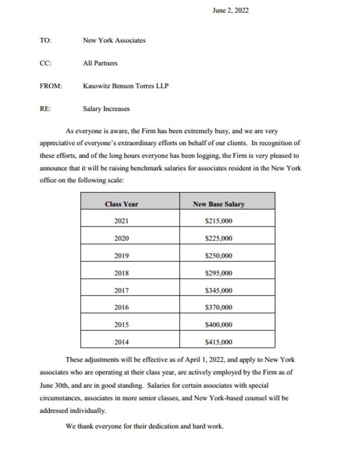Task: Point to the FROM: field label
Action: (x=51, y=85)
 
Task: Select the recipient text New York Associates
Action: (x=114, y=41)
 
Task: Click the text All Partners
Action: (x=100, y=63)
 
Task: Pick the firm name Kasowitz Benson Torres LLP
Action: (x=125, y=85)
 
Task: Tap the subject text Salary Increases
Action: (x=107, y=108)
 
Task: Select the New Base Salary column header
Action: (x=218, y=204)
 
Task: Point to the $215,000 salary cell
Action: (x=219, y=221)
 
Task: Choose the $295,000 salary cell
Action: (x=219, y=273)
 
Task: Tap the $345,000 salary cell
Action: (x=219, y=290)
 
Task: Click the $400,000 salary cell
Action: (x=219, y=325)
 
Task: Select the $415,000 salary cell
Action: (x=219, y=342)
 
